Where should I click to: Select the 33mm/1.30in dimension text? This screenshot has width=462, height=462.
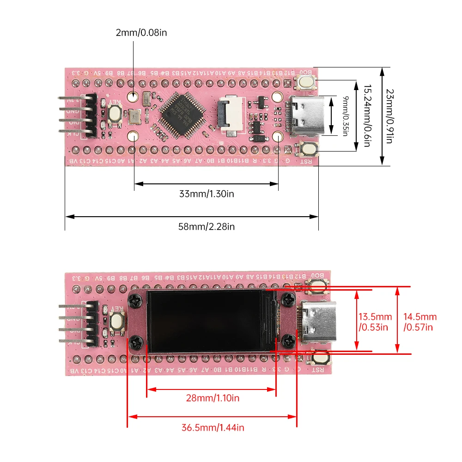[207, 194]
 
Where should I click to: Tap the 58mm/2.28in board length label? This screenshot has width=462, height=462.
[207, 226]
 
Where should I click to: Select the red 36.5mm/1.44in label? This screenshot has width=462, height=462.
[213, 427]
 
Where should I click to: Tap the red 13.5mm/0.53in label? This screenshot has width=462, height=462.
[375, 322]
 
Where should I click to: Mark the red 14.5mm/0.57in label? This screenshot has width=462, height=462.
[419, 322]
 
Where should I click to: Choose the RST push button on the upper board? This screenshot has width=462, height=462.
[308, 149]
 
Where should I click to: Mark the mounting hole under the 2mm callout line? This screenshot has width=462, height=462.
[134, 97]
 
